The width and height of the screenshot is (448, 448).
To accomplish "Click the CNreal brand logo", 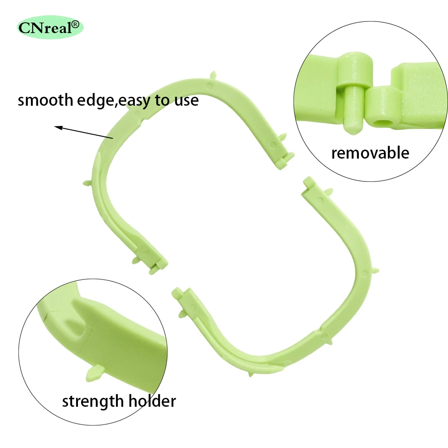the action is coord(49,28).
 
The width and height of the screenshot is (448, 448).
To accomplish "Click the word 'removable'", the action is coord(370,153).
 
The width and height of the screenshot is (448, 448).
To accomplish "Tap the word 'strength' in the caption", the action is coord(93,401).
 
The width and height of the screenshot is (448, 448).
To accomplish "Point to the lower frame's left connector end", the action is coord(178,294).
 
